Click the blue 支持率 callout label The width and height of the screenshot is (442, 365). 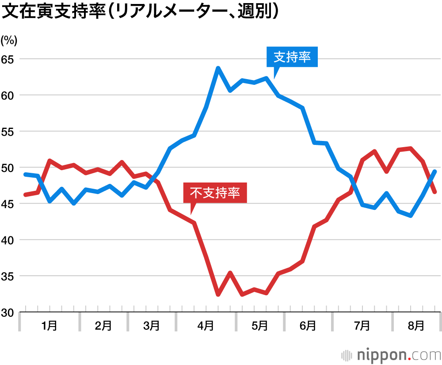point(292,57)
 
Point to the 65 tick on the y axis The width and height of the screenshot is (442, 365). point(9,59)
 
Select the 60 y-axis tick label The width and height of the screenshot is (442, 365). point(9,95)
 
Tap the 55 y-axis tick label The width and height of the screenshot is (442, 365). point(9,132)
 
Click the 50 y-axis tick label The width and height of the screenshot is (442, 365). point(9,168)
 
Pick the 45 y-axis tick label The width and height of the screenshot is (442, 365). point(9,204)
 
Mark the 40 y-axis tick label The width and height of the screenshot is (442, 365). point(9,240)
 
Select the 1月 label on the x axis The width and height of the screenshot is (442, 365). point(49,326)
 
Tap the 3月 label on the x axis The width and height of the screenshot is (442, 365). point(152,326)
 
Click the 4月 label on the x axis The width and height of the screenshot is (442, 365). point(206,326)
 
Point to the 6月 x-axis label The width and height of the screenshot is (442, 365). point(308,326)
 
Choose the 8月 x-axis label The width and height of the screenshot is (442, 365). point(416,326)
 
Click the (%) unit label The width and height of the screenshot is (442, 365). point(9,41)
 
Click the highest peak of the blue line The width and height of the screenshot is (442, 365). point(218,68)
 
